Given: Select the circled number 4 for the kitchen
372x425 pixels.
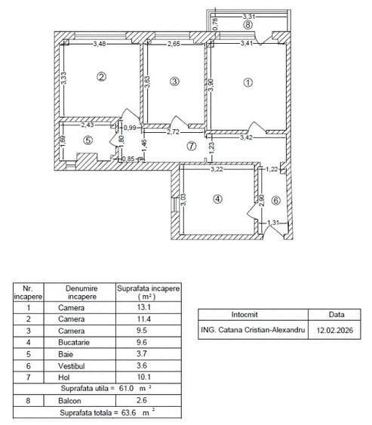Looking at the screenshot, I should point(217,199).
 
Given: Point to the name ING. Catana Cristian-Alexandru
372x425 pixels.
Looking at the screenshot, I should point(253,329).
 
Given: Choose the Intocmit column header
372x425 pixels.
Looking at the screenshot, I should point(253,314).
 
